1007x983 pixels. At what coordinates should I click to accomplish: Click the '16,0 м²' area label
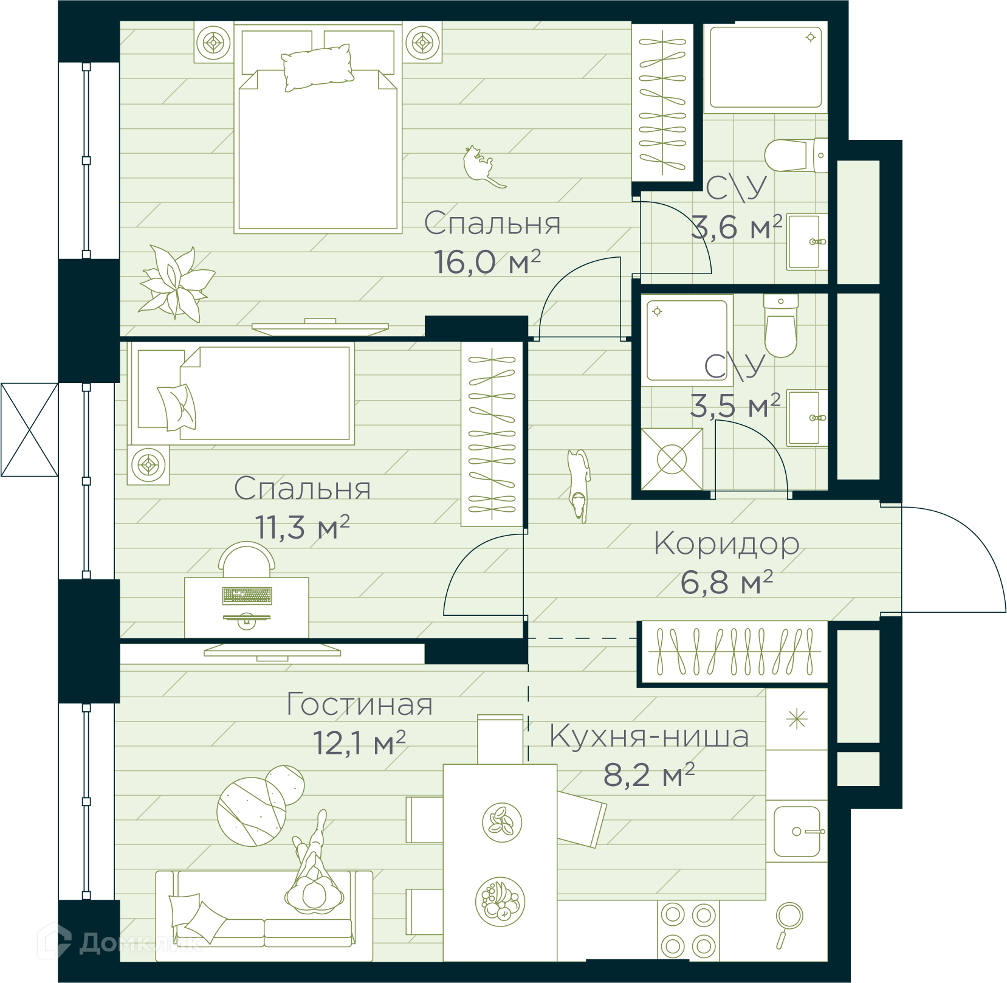tap(487, 262)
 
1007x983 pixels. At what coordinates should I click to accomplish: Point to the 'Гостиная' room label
tap(359, 704)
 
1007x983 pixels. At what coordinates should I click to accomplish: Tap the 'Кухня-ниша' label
tap(649, 736)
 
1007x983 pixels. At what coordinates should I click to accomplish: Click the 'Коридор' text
tap(726, 543)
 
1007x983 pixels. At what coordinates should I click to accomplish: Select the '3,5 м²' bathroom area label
tap(735, 405)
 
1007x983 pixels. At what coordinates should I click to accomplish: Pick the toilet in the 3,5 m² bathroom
tap(780, 326)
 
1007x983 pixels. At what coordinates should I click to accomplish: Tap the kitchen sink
tap(797, 831)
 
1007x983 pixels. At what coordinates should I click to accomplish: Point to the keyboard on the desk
tap(247, 596)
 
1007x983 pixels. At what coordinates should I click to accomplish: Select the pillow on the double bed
tap(317, 67)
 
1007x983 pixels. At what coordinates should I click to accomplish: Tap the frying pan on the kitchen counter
tap(788, 924)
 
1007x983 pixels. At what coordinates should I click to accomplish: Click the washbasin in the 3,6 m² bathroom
tap(807, 241)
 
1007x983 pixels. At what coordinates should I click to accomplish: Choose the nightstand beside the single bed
tap(148, 466)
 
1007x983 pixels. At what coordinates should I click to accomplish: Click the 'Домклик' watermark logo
tap(119, 942)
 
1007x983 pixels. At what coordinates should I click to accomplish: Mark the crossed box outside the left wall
tap(30, 430)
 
